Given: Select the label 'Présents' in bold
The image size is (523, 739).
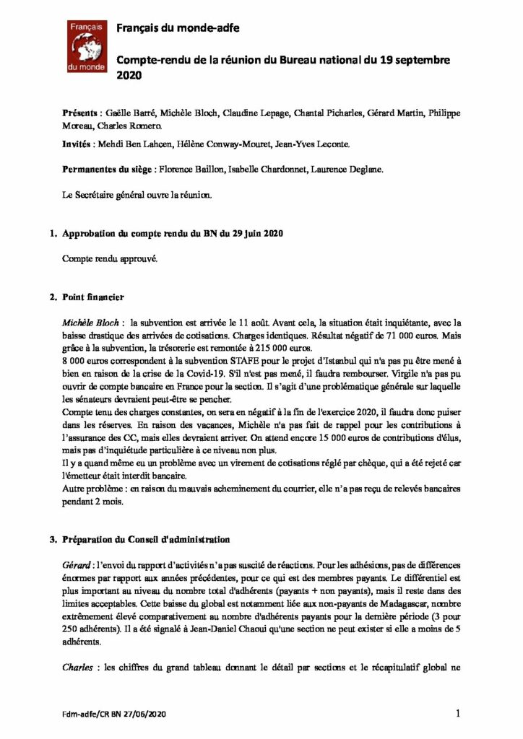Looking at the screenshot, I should coord(80,114).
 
